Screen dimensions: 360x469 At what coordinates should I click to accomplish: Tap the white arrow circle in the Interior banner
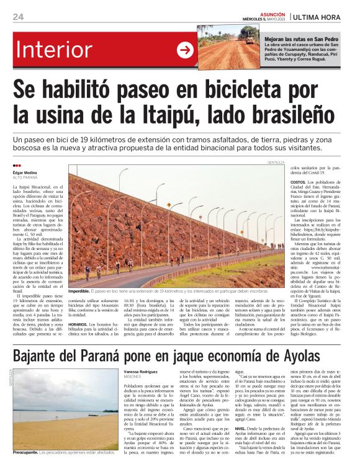pyautogui.click(x=184, y=50)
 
